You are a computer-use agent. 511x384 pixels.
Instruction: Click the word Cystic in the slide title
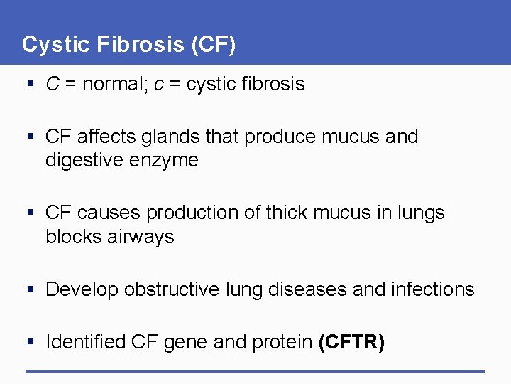pos(54,45)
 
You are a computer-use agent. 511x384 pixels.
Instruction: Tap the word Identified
pos(86,342)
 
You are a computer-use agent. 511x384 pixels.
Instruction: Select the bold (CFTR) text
pos(352,342)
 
